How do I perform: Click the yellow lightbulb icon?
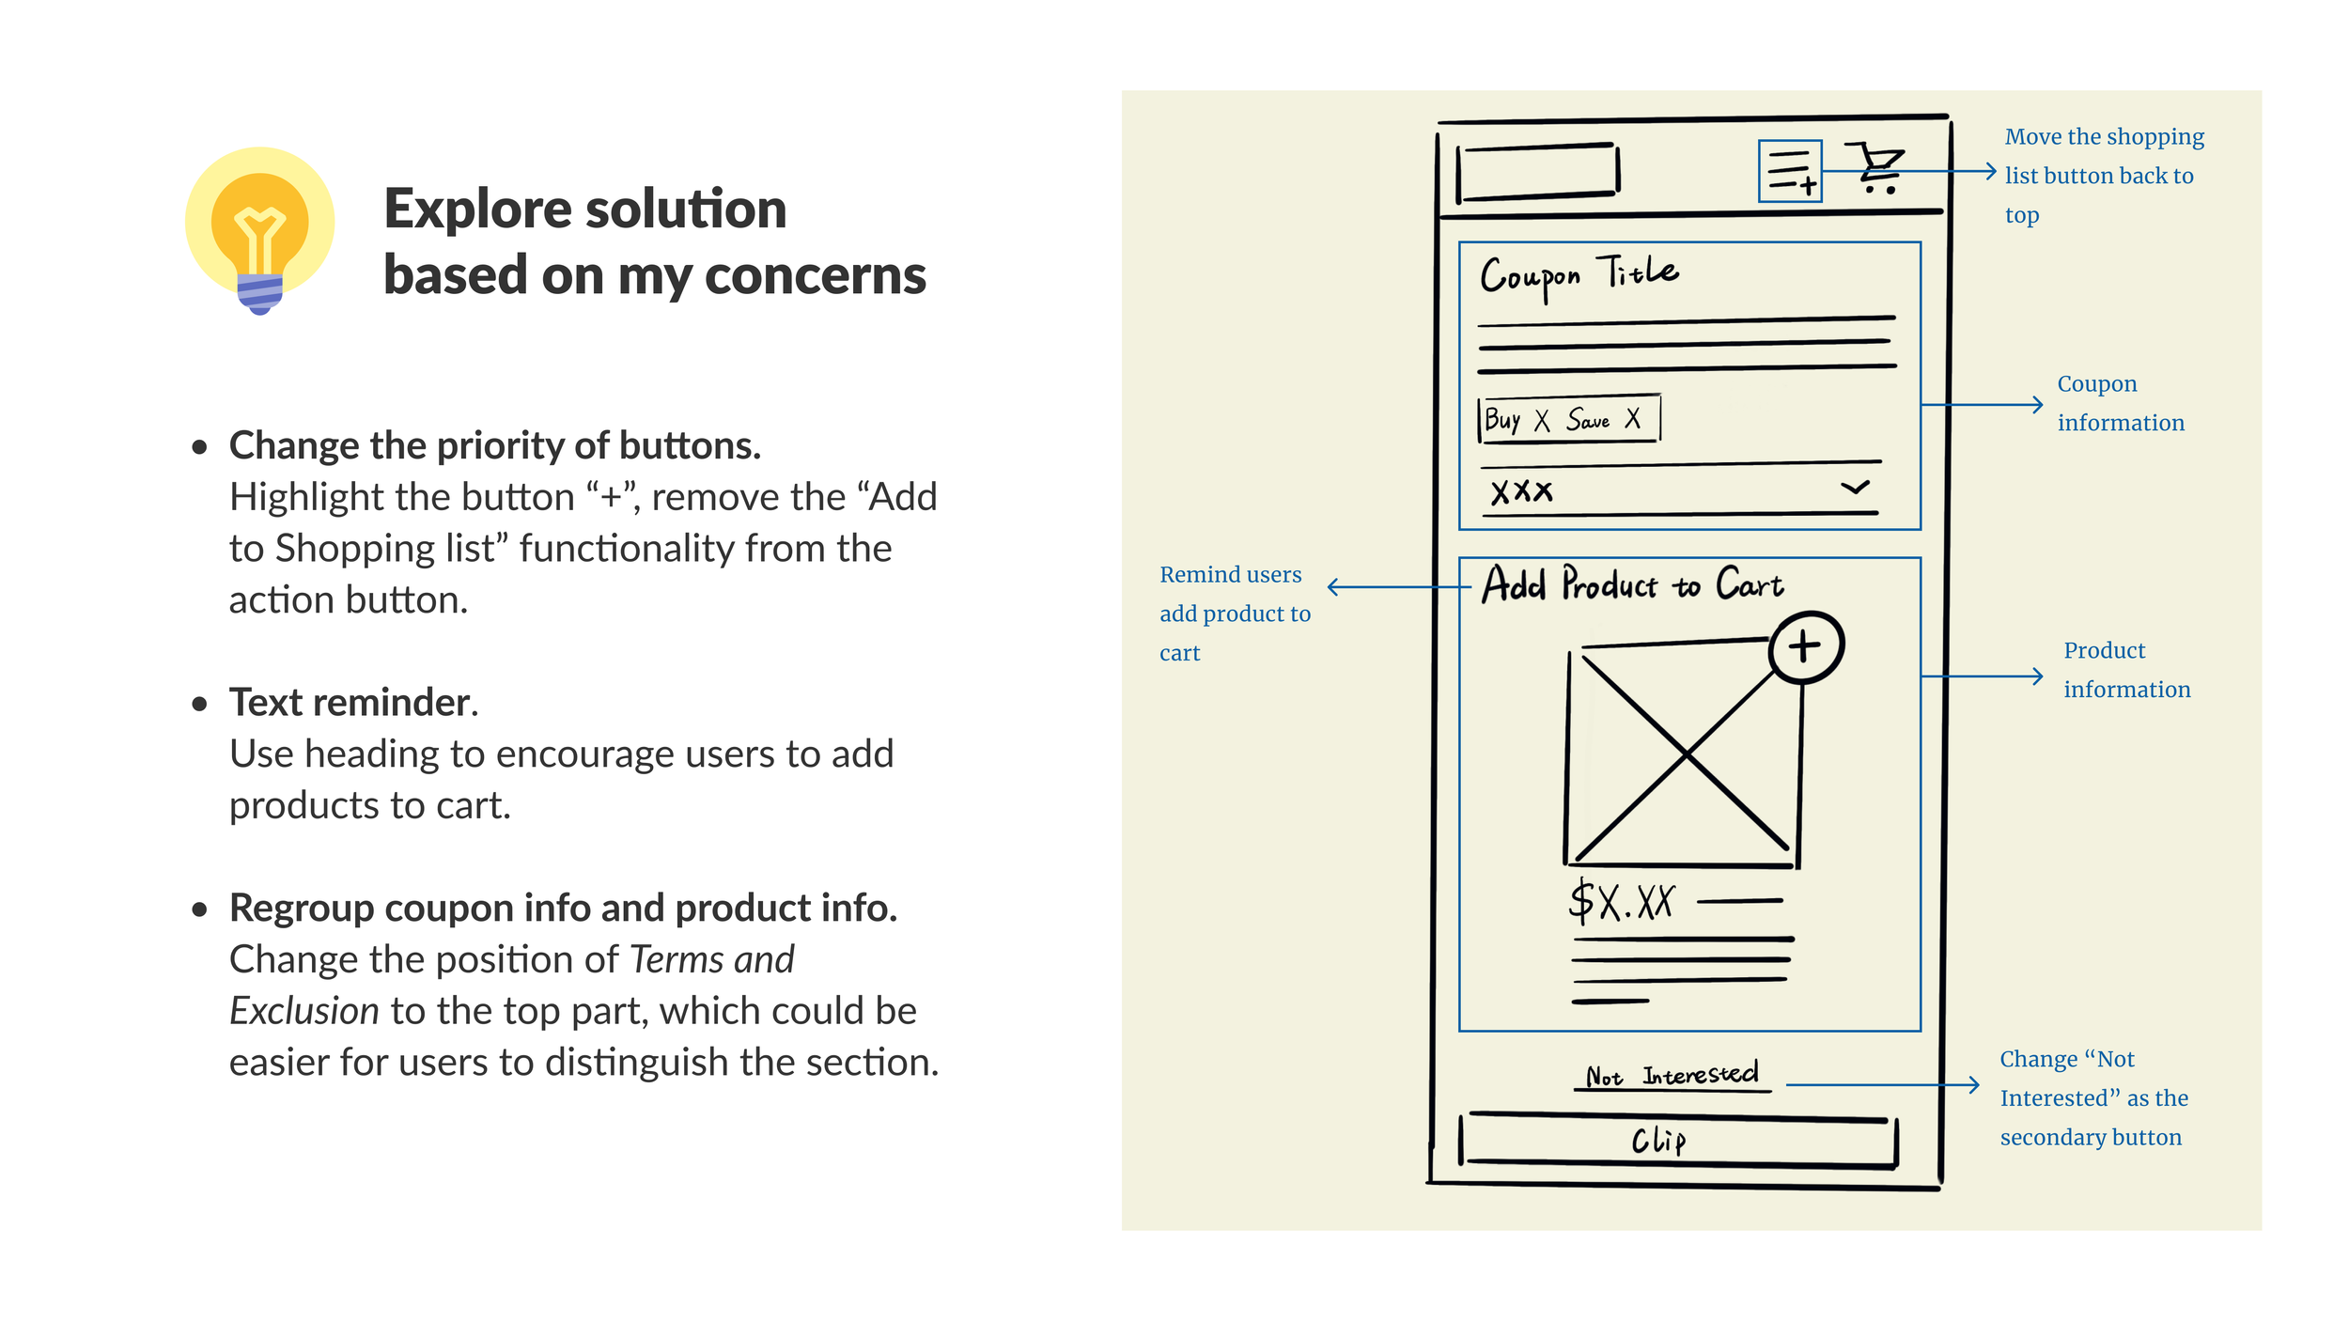coord(259,230)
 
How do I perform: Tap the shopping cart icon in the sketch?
coord(1875,169)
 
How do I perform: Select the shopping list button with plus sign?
coord(1789,171)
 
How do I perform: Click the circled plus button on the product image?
coord(1805,646)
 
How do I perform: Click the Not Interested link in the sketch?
coord(1672,1075)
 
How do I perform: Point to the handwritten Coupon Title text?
coord(1579,275)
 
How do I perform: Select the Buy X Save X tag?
coord(1567,419)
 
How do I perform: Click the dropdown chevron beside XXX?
coord(1854,488)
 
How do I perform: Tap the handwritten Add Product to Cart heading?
coord(1632,584)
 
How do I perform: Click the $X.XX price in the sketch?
coord(1622,902)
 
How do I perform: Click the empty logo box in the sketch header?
coord(1537,172)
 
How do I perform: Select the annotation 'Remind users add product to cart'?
coord(1234,614)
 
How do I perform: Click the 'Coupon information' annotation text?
coord(2120,403)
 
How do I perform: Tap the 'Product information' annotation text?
coord(2125,670)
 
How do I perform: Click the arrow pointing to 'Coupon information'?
coord(1983,405)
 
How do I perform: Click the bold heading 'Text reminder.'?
coord(353,703)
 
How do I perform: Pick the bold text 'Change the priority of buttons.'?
coord(495,445)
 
